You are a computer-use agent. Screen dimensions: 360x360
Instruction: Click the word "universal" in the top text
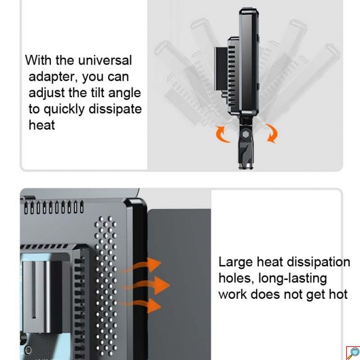105,61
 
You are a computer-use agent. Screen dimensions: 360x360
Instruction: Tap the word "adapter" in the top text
53,77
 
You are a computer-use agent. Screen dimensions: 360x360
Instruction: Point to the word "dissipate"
115,109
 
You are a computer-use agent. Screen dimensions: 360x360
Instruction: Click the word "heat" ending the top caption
42,125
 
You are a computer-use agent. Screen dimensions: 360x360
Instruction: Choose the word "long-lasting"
293,279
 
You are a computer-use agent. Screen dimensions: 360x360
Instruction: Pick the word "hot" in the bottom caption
338,294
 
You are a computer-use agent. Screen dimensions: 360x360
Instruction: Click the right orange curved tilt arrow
273,134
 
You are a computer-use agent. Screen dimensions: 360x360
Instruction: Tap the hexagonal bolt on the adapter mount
246,134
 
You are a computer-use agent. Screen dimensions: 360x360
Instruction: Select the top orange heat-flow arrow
141,265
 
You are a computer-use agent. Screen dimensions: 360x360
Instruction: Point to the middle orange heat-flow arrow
145,285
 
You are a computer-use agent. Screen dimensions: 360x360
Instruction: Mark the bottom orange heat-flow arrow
141,305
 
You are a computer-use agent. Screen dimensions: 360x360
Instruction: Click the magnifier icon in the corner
353,353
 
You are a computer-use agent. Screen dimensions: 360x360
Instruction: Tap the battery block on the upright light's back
221,69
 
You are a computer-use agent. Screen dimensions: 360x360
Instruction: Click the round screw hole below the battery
28,350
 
